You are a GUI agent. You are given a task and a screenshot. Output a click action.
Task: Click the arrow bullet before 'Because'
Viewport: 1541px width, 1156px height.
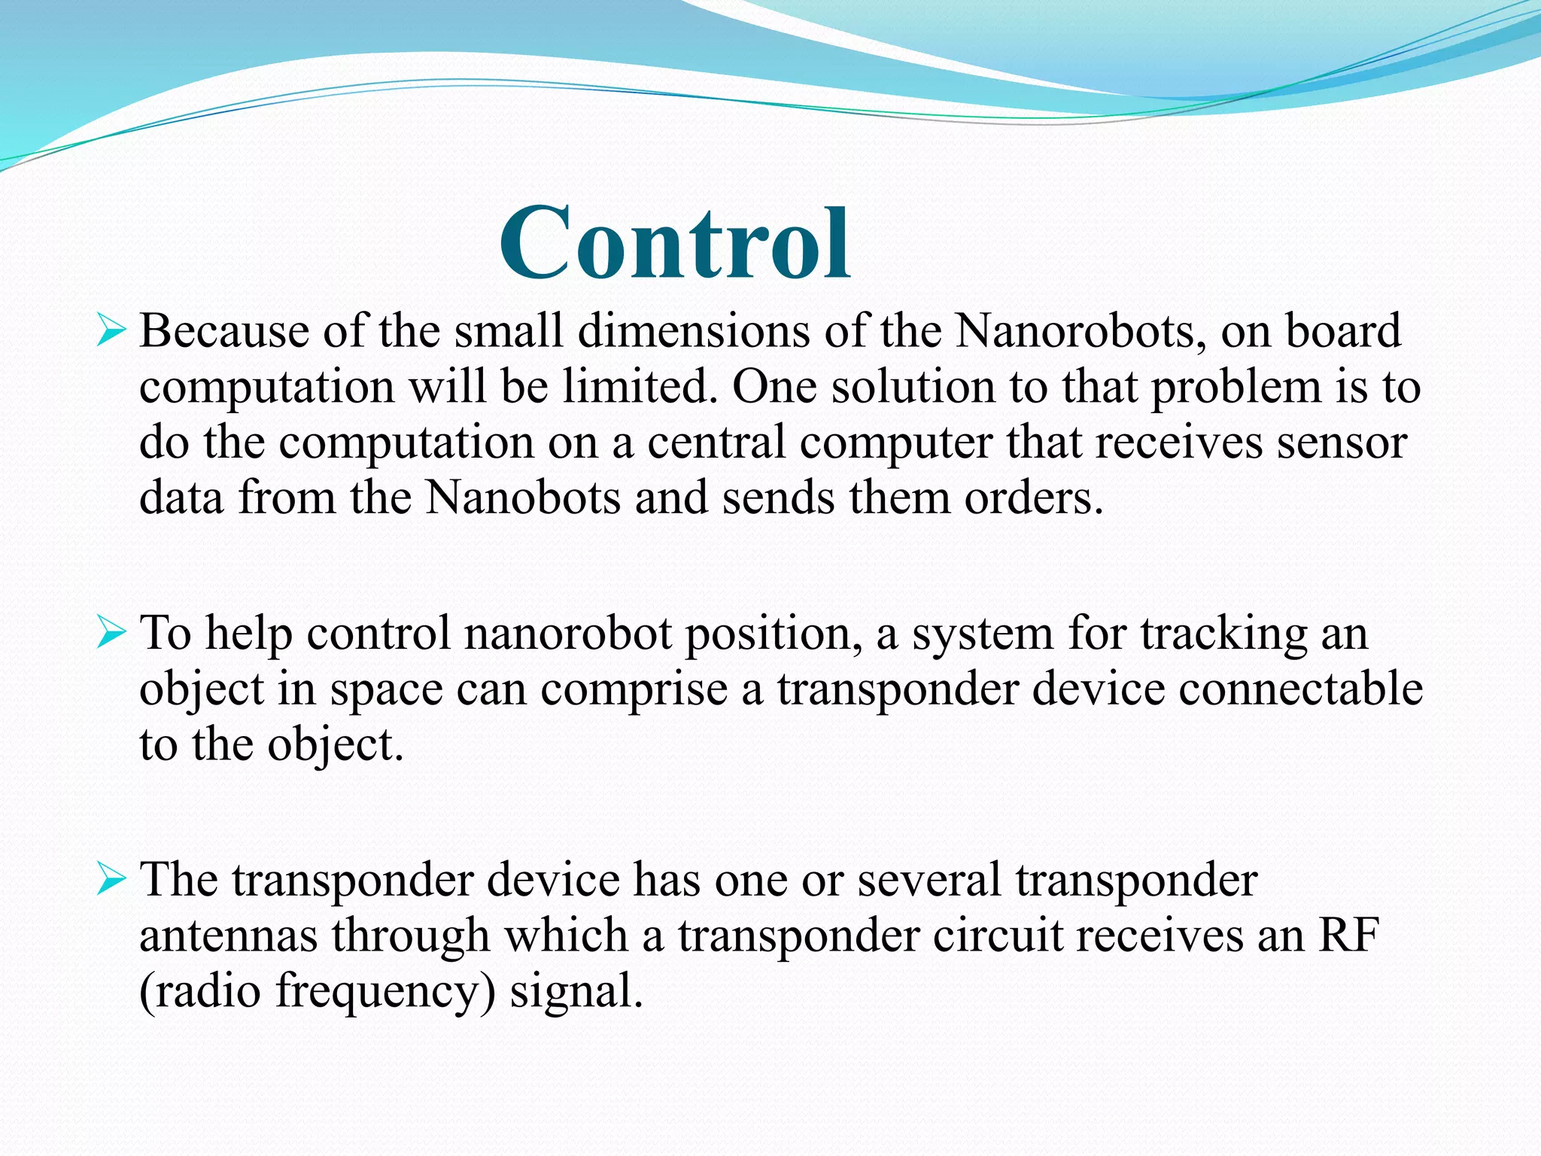point(111,331)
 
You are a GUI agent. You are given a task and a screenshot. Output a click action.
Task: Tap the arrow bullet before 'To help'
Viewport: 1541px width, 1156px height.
point(111,634)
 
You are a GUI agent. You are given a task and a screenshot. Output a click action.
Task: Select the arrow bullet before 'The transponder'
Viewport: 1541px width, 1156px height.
point(111,880)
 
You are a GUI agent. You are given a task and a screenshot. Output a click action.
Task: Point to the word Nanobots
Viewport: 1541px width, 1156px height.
point(523,498)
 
